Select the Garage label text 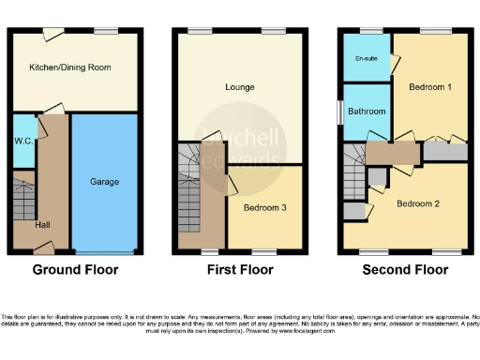pos(104,181)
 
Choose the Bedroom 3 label pos(264,207)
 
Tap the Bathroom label pos(367,112)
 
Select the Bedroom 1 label pos(429,86)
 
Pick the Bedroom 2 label pos(416,203)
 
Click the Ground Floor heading pos(76,270)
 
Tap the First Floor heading pos(240,270)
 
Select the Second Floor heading pos(406,270)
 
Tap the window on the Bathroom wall pos(340,111)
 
